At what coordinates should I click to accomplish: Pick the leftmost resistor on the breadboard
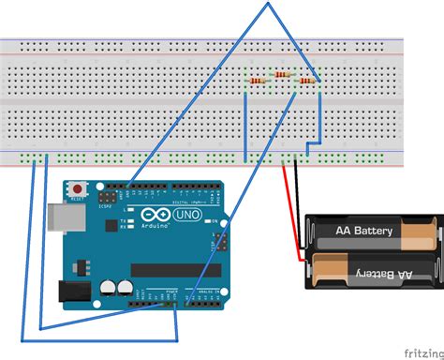260,82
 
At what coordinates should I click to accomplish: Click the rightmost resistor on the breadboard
305,82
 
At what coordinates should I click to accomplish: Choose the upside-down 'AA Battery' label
378,274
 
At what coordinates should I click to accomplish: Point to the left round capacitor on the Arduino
109,286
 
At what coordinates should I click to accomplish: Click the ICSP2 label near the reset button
102,206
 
